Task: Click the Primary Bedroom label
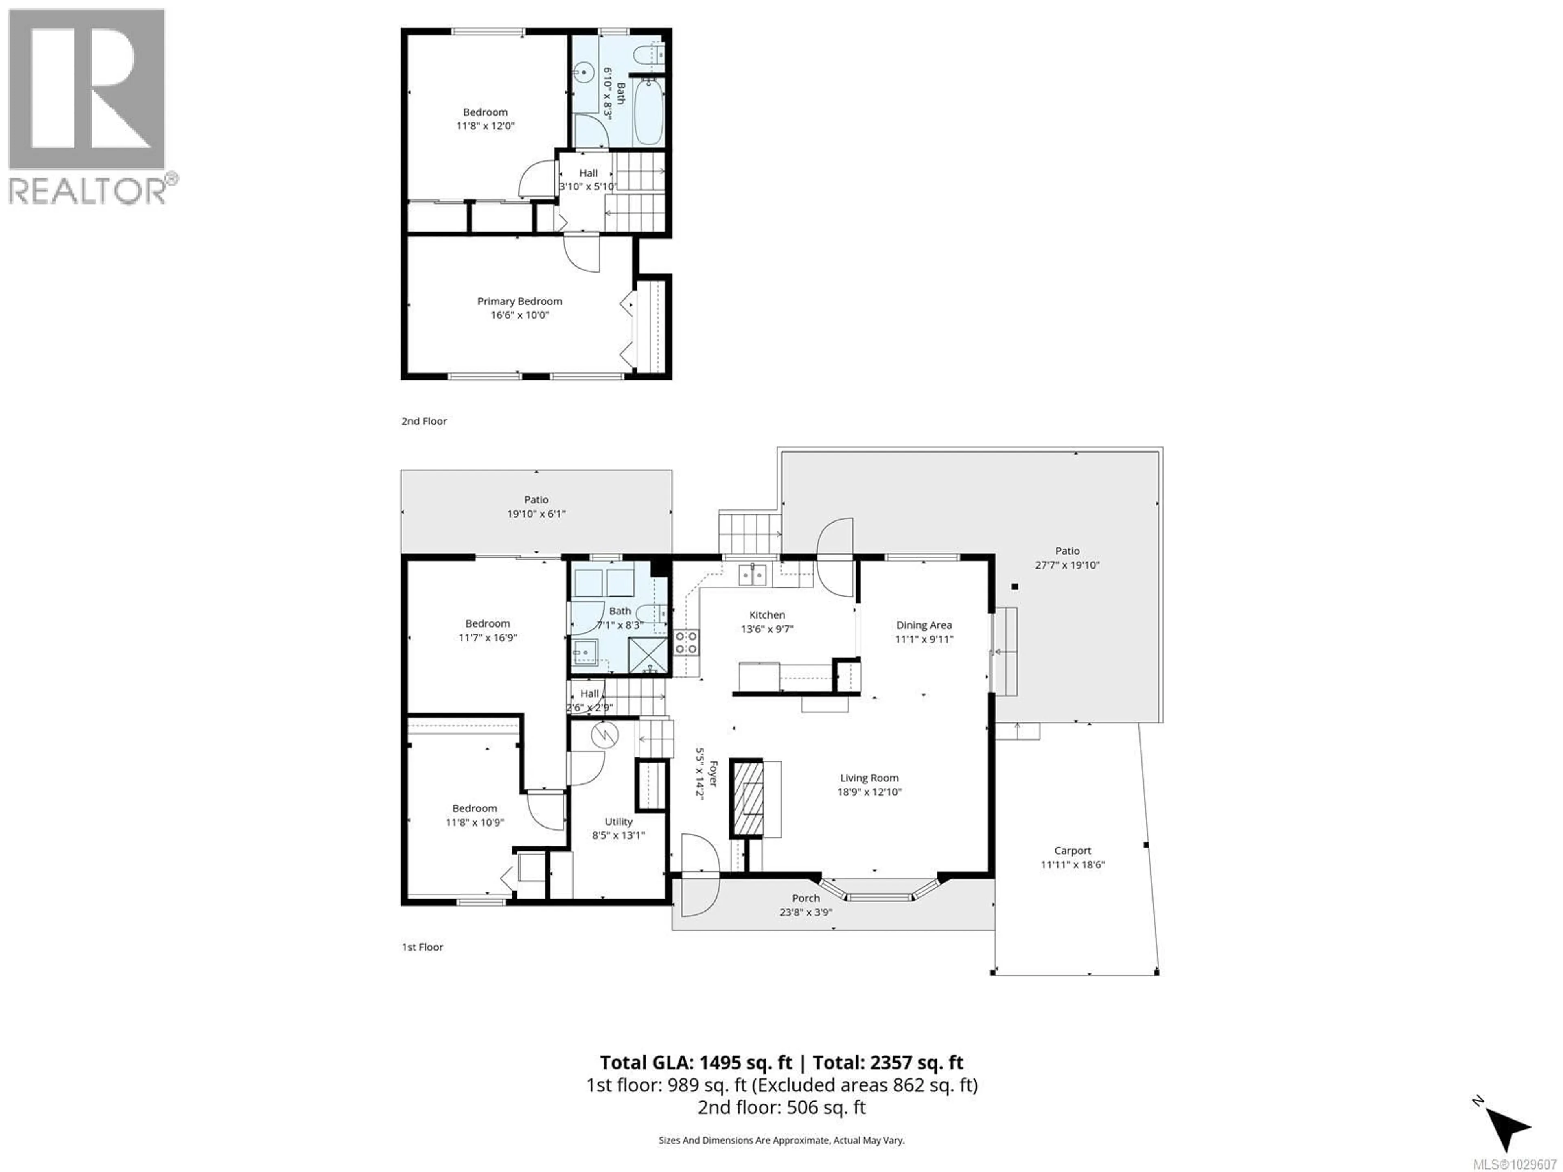pos(519,302)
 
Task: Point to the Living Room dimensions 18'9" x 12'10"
pos(869,792)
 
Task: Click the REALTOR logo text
pos(88,191)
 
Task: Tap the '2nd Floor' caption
pos(424,421)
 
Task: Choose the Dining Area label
pos(924,625)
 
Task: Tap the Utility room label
pos(618,822)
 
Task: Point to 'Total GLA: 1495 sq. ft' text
pos(696,1063)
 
